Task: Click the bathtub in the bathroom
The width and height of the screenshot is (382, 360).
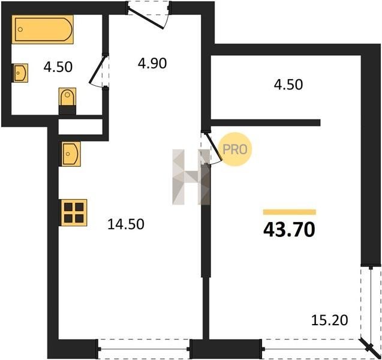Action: pyautogui.click(x=43, y=29)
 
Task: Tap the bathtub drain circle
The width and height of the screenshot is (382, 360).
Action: pyautogui.click(x=20, y=29)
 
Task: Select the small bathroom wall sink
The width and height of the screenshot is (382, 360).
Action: pyautogui.click(x=20, y=73)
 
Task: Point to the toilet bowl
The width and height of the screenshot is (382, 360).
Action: pyautogui.click(x=67, y=97)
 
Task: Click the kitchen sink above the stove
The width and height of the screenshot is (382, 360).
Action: pyautogui.click(x=70, y=154)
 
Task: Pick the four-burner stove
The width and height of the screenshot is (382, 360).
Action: pyautogui.click(x=74, y=212)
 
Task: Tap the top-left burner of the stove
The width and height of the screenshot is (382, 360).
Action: pyautogui.click(x=68, y=207)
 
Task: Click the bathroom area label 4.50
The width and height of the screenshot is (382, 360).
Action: pyautogui.click(x=58, y=67)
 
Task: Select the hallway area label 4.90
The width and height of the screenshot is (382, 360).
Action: pyautogui.click(x=152, y=64)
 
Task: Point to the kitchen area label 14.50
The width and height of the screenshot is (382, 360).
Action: pyautogui.click(x=126, y=224)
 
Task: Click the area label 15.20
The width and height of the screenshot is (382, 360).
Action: pyautogui.click(x=329, y=320)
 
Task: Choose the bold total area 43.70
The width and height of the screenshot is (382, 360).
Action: pyautogui.click(x=289, y=230)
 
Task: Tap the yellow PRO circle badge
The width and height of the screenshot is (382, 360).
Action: pyautogui.click(x=235, y=149)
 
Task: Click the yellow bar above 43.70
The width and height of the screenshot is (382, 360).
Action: pyautogui.click(x=290, y=212)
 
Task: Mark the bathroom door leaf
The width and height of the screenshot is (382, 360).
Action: pyautogui.click(x=98, y=70)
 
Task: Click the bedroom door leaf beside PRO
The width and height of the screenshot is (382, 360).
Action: pyautogui.click(x=213, y=147)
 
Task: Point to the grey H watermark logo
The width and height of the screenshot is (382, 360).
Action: pyautogui.click(x=191, y=177)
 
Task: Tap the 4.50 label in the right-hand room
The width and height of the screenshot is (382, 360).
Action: pyautogui.click(x=288, y=85)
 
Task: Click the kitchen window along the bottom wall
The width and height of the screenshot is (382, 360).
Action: pyautogui.click(x=144, y=349)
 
